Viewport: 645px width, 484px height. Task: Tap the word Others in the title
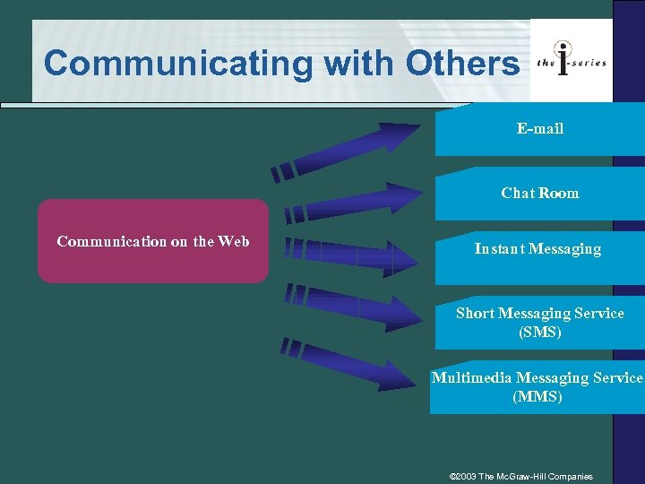coord(462,63)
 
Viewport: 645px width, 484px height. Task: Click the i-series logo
coord(571,61)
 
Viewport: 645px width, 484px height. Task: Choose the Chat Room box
coord(540,194)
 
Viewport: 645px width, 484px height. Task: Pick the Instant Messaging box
coord(537,249)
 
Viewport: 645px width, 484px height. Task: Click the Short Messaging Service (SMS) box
coord(540,323)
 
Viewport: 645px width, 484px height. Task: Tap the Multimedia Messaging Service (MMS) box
coord(537,387)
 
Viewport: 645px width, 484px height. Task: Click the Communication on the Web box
coord(153,241)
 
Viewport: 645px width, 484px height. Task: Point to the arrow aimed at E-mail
coord(349,149)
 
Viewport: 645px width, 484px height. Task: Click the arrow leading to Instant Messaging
coord(349,255)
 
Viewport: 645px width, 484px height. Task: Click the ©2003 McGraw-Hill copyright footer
coord(520,476)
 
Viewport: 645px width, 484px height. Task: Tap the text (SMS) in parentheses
coord(540,333)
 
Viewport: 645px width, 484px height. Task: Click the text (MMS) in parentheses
coord(537,397)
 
